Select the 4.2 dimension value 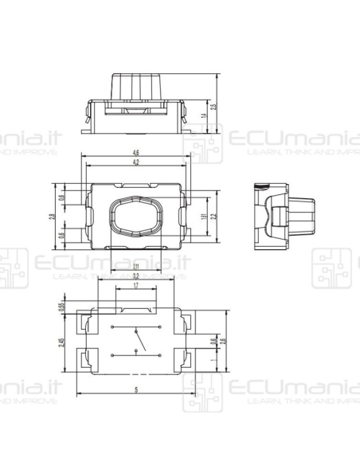pyautogui.click(x=136, y=162)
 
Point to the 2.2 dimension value pyautogui.click(x=213, y=216)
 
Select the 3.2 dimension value pyautogui.click(x=136, y=275)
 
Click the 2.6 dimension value pyautogui.click(x=212, y=342)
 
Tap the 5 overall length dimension pyautogui.click(x=136, y=389)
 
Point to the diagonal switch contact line pyautogui.click(x=140, y=342)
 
